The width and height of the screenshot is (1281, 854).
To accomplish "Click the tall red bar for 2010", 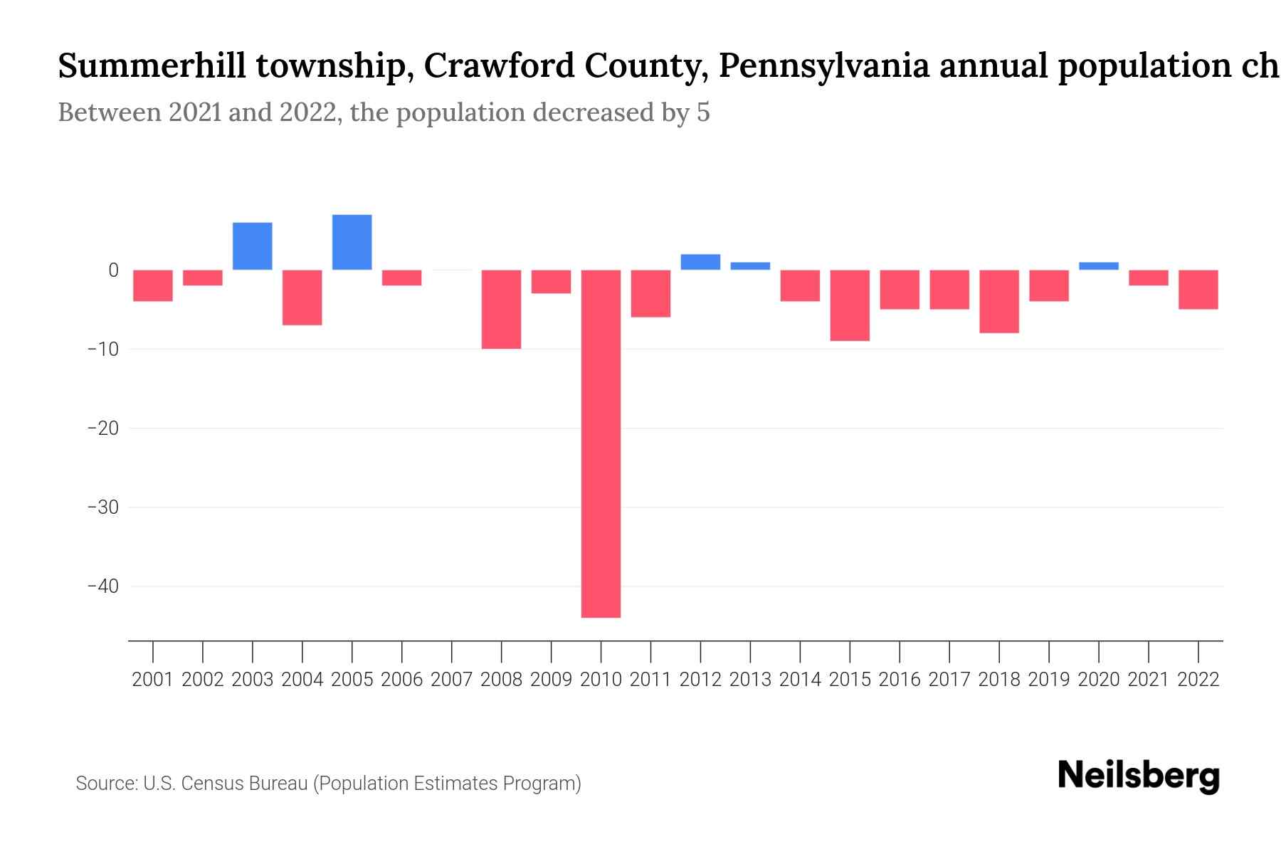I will point(601,443).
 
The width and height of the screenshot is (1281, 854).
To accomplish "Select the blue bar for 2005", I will point(352,242).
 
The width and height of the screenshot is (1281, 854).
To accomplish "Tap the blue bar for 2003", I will point(252,246).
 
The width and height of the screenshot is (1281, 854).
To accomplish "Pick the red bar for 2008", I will point(501,309).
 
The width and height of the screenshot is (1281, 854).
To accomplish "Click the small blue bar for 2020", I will point(1098,266).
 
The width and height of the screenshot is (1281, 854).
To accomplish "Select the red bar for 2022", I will point(1198,290).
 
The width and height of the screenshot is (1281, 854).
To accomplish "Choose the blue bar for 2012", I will point(700,262).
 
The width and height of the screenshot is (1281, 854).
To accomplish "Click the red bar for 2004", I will point(302,297).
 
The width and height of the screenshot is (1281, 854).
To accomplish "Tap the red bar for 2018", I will point(998,301).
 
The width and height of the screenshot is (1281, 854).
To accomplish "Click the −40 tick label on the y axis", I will point(102,586).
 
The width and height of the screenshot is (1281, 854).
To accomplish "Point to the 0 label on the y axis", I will point(113,270).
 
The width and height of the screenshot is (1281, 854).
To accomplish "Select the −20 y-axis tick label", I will point(102,428).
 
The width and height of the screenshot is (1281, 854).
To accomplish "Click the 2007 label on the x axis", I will point(451,680).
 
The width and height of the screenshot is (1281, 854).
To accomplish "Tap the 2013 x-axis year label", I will point(750,680).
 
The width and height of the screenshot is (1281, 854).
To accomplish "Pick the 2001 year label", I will point(153,680).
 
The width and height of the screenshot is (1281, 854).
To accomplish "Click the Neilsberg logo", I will point(1138,776).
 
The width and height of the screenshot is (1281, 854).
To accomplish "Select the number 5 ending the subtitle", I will point(703,112).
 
